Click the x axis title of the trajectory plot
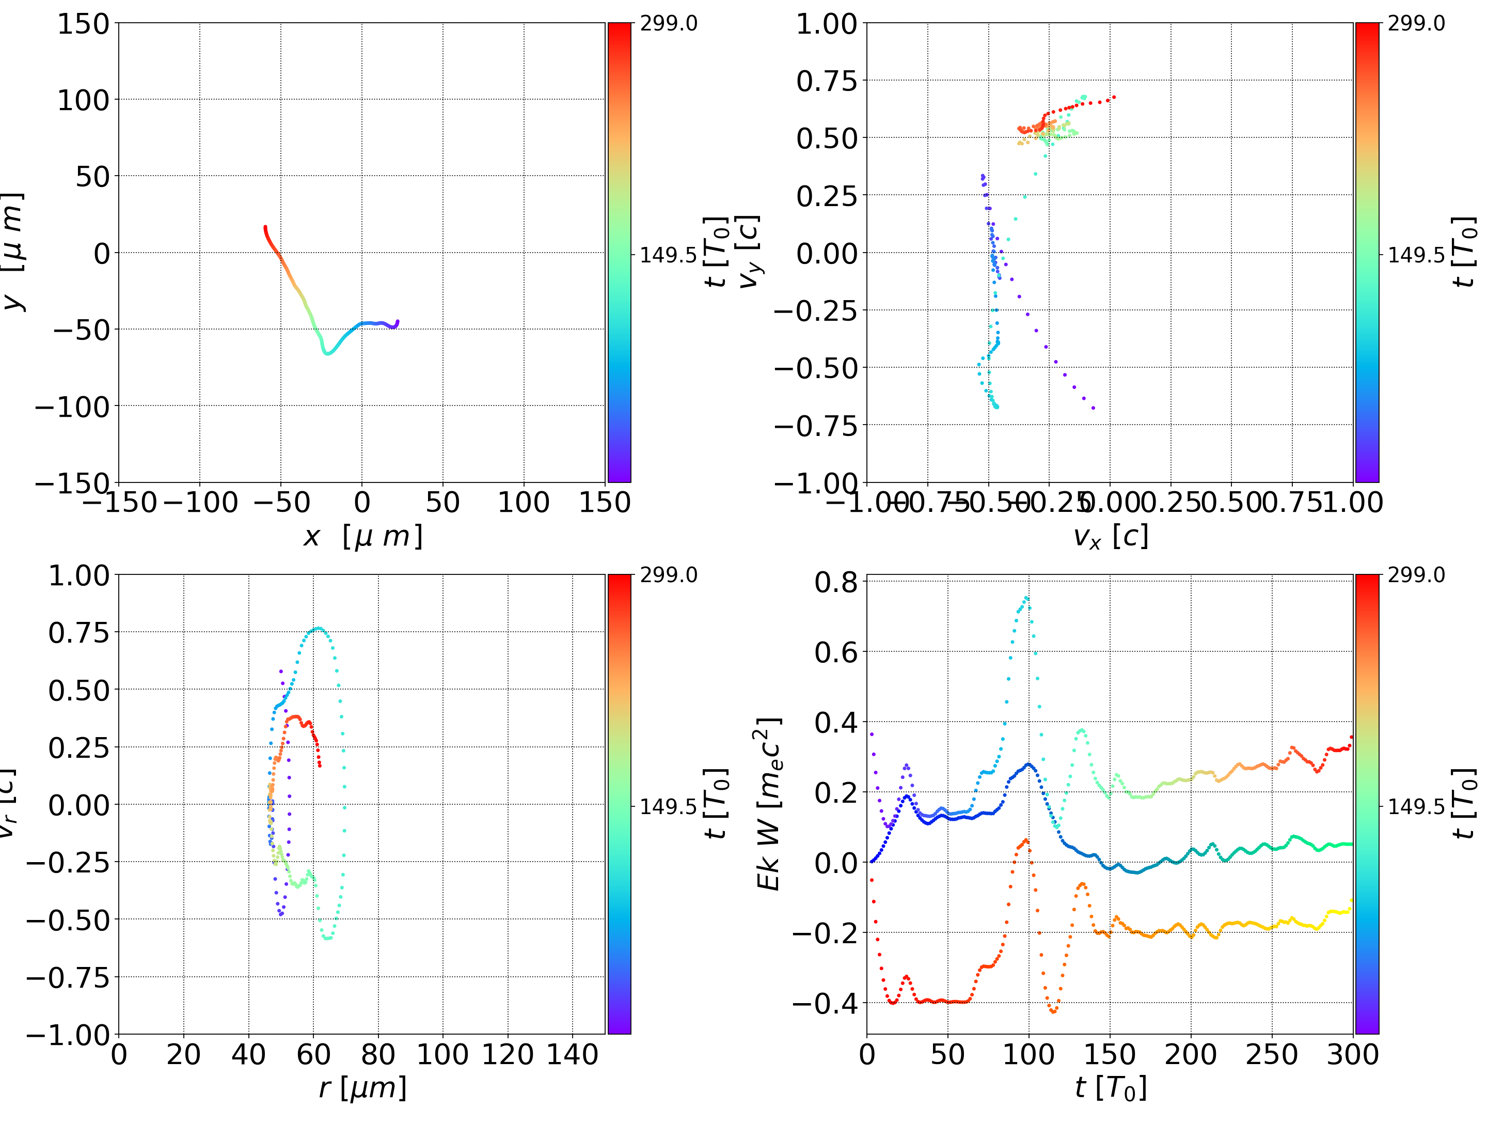[362, 537]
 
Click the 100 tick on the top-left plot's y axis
[83, 100]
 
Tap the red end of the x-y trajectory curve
[265, 227]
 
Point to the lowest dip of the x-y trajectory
[328, 352]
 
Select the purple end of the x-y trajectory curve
[397, 321]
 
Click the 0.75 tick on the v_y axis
[827, 82]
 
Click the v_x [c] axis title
[1110, 537]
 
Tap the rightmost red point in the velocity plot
[1114, 97]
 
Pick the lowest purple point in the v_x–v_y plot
[1093, 408]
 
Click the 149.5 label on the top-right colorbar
[1416, 255]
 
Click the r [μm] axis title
[362, 1088]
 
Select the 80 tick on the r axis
[378, 1055]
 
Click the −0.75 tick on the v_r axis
[67, 977]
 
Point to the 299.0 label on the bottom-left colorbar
[668, 575]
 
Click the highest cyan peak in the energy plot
[1026, 597]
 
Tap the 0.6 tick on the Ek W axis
[836, 652]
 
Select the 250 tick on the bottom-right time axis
[1272, 1055]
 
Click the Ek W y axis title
[769, 804]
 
